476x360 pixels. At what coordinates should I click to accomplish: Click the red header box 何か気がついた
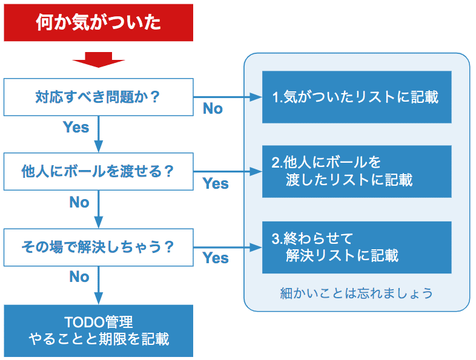[x=98, y=23]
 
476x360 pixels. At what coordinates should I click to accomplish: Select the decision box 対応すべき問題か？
[x=98, y=97]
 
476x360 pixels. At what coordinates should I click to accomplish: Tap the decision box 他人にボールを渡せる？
[x=98, y=171]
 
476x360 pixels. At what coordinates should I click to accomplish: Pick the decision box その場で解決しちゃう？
[x=98, y=247]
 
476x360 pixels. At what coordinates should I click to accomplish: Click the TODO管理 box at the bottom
[x=98, y=330]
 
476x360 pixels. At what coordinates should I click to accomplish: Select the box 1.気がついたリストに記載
[x=356, y=97]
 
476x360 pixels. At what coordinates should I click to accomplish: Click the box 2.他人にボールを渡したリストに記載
[x=356, y=171]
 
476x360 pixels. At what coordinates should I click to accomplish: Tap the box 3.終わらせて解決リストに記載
[x=356, y=247]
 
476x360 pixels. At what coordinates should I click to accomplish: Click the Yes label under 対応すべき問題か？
[x=76, y=127]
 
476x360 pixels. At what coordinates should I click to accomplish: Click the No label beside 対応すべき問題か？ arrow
[x=213, y=109]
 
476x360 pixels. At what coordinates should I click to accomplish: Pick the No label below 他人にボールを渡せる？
[x=79, y=202]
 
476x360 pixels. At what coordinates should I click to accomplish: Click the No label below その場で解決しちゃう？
[x=79, y=277]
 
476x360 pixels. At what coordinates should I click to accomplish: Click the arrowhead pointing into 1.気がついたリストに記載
[x=256, y=97]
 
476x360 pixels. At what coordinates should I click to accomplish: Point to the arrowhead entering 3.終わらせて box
[x=256, y=247]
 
